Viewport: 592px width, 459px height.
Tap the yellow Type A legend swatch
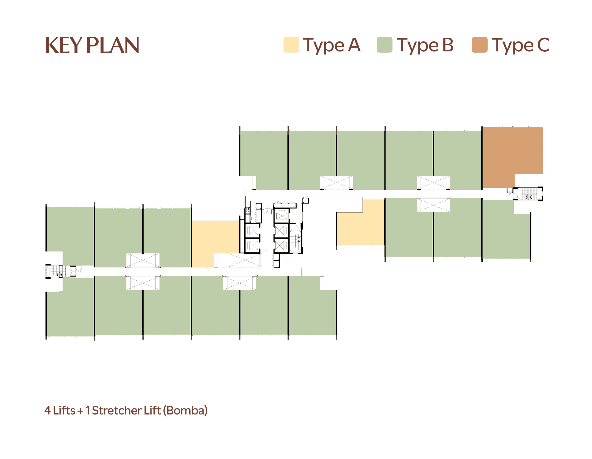[x=291, y=45]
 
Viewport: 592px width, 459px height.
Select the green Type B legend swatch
[x=384, y=45]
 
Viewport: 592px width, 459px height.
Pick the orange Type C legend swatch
[x=479, y=45]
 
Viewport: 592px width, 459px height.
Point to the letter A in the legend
[x=354, y=45]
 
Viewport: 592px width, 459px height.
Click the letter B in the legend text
[x=448, y=45]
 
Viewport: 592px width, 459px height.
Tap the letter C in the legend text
[x=543, y=45]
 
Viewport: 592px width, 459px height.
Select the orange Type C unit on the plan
[x=513, y=157]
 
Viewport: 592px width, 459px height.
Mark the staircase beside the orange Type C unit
[x=528, y=194]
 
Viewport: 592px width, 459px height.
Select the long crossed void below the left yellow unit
[x=238, y=260]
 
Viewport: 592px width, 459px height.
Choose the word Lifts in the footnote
[x=64, y=410]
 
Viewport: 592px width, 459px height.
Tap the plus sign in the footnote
[x=80, y=411]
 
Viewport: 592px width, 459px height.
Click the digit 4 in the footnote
[x=48, y=410]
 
